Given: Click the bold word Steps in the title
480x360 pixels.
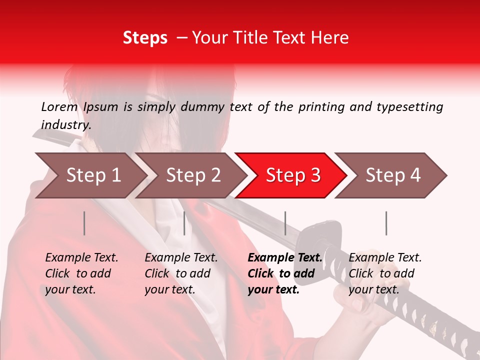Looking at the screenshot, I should [x=145, y=38].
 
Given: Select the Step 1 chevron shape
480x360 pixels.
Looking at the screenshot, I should [x=90, y=175].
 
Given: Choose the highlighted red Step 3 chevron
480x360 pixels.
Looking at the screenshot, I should [x=292, y=175].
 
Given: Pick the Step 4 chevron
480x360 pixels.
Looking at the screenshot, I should [x=392, y=175].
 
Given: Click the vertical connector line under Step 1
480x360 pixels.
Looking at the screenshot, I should [x=84, y=223].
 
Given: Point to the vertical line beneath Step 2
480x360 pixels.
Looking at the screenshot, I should [x=184, y=223].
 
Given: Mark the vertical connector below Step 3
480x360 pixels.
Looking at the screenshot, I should [x=285, y=223].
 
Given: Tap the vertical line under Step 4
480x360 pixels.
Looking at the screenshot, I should [x=386, y=223].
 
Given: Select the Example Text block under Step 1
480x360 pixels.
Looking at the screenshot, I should [x=81, y=273].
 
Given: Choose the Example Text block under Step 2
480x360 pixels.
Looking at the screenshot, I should [x=181, y=273].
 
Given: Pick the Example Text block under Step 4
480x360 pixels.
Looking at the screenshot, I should [x=384, y=273].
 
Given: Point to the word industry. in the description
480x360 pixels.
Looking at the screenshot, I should [x=66, y=125].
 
